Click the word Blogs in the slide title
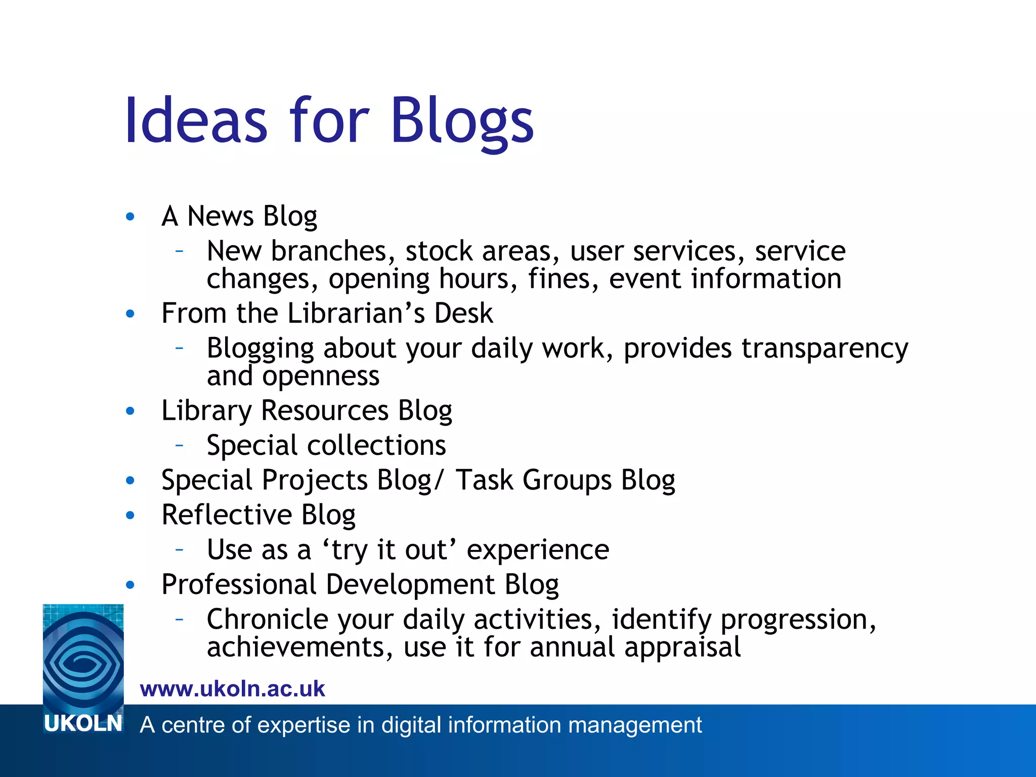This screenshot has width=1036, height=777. click(x=461, y=121)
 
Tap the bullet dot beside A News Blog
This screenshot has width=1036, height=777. click(x=130, y=217)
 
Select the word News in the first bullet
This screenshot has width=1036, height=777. click(x=220, y=216)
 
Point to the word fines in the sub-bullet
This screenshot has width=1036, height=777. click(x=559, y=279)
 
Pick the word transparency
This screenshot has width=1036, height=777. click(x=825, y=349)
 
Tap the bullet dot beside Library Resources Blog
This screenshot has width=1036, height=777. click(x=130, y=411)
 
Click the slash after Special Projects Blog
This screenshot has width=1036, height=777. click(x=438, y=480)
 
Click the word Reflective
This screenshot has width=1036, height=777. click(x=227, y=515)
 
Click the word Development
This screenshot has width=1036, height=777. click(x=410, y=585)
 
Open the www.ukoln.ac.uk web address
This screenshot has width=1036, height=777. click(x=232, y=689)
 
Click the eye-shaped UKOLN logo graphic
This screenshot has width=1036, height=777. click(x=83, y=657)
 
